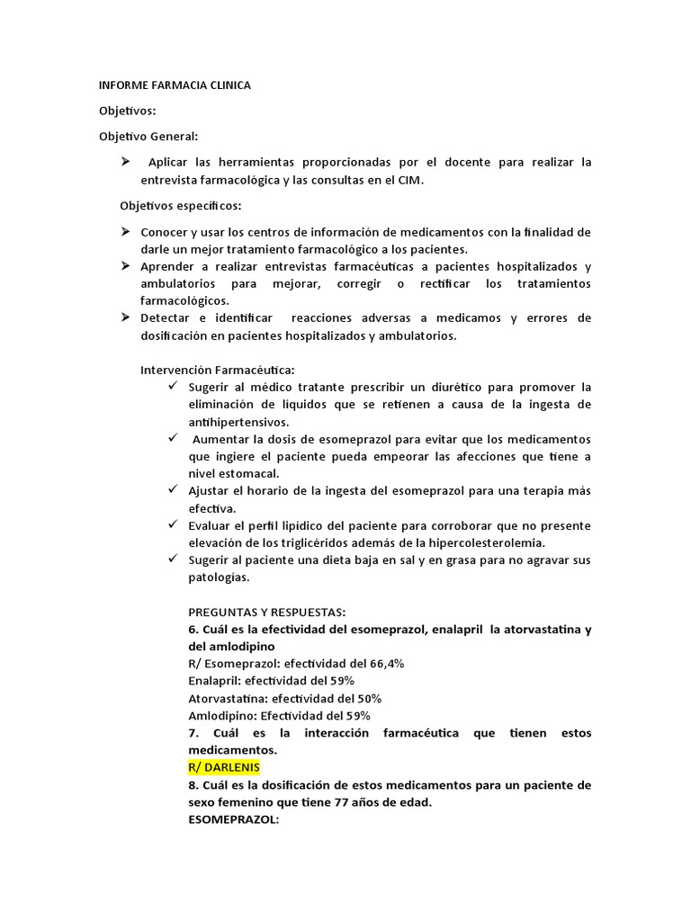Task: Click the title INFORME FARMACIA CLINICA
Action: click(x=175, y=85)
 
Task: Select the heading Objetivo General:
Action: click(x=148, y=136)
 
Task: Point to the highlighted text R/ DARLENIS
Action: click(x=224, y=767)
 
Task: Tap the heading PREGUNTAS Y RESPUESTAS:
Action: click(x=267, y=612)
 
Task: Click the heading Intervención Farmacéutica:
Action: click(x=218, y=370)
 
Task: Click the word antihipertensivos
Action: click(x=238, y=421)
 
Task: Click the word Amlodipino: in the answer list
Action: click(x=222, y=716)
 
